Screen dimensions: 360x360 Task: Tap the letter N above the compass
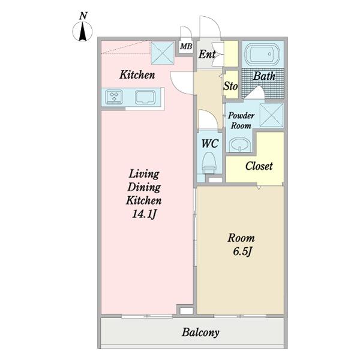click(82, 15)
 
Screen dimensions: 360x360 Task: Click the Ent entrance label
click(207, 55)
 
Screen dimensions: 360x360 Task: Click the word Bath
click(264, 77)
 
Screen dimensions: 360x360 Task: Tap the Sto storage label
click(230, 86)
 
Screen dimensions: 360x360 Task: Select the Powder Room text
click(241, 121)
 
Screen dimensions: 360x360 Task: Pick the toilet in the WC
click(209, 161)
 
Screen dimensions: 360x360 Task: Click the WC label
click(209, 143)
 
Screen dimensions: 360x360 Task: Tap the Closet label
click(259, 166)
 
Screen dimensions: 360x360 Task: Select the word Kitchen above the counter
click(137, 75)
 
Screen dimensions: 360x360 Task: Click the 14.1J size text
click(144, 213)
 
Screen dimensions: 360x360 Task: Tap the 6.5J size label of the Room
click(241, 250)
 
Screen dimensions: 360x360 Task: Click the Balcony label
click(200, 332)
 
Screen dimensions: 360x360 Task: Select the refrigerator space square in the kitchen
click(161, 52)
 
